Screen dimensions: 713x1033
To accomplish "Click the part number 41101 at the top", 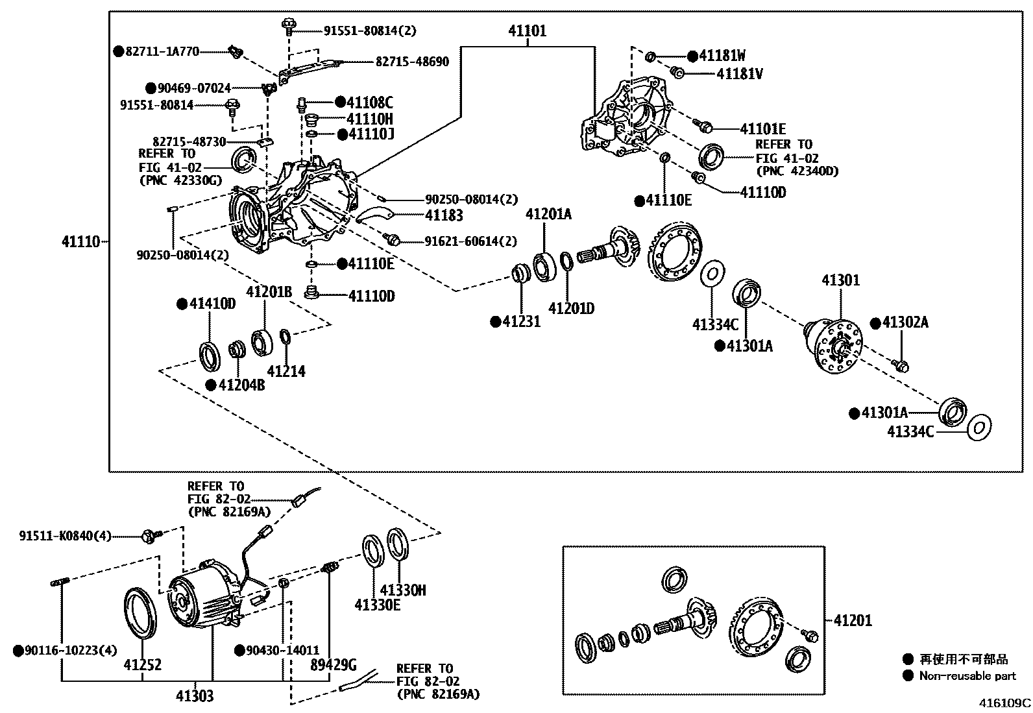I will click(527, 30).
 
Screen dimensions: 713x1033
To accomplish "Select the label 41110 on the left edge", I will click(81, 242).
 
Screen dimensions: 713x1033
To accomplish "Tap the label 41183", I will click(444, 215).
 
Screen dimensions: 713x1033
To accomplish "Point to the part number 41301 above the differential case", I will click(841, 280).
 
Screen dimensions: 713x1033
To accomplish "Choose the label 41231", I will click(521, 321).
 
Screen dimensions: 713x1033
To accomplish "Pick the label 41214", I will click(286, 371).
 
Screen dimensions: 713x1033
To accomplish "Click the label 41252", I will click(143, 664).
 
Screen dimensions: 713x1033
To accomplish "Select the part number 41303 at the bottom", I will click(194, 697).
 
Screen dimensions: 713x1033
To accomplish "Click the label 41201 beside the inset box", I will click(853, 621).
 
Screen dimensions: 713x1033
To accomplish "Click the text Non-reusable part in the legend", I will click(967, 676).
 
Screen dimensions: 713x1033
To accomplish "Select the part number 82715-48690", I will click(412, 62).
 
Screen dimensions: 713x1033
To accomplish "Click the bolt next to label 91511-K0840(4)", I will click(152, 536).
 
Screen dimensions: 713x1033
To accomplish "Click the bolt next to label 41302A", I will click(902, 366).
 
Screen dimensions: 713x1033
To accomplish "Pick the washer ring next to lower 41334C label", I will click(979, 427).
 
